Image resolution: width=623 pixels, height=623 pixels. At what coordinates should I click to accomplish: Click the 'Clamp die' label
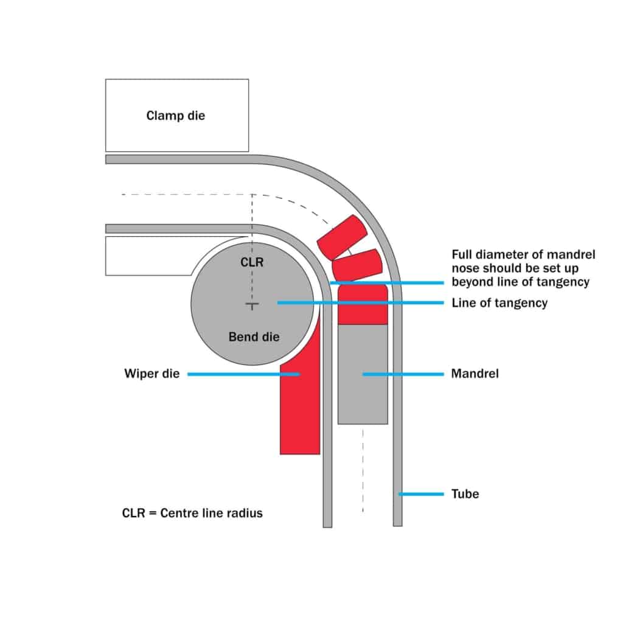tap(176, 115)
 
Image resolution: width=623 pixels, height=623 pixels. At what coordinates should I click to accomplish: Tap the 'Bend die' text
tap(254, 336)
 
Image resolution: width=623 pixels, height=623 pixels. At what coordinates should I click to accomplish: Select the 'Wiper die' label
tap(152, 374)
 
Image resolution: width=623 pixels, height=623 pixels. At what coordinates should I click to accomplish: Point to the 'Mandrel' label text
tap(475, 374)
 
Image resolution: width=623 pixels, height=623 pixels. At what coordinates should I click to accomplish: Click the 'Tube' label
tap(465, 493)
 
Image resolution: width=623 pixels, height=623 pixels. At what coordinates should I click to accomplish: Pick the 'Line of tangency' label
tap(499, 302)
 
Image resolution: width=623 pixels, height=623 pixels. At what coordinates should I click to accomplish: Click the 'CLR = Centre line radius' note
tap(192, 513)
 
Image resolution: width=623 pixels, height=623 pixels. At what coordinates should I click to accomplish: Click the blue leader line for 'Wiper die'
tap(243, 374)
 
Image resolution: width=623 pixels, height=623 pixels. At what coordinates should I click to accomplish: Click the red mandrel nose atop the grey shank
tap(363, 304)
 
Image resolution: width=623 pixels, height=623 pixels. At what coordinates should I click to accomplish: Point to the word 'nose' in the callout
tap(465, 268)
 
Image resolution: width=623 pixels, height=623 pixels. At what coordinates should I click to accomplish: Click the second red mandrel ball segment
tap(357, 265)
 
